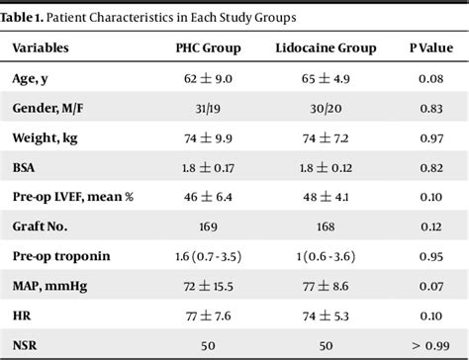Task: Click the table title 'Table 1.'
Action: click(27, 18)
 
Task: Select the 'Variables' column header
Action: click(46, 47)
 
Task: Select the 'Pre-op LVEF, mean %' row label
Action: click(74, 198)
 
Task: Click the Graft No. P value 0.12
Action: click(428, 226)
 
